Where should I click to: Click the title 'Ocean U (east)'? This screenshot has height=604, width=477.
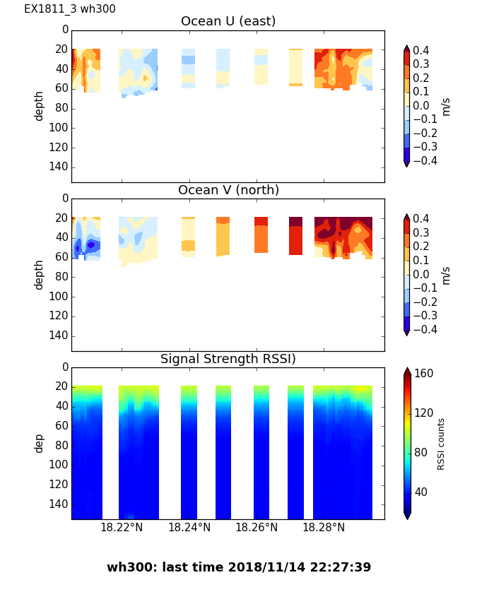coord(228,21)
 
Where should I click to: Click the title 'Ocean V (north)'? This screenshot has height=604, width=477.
coord(228,190)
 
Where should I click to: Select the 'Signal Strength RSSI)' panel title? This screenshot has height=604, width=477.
coord(228,359)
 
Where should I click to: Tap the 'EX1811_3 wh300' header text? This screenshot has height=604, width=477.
coord(70,9)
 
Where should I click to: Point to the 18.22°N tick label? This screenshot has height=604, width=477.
coord(122,527)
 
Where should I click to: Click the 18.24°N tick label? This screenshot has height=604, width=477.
coord(189,527)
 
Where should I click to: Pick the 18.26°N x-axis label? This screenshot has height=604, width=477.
coord(257,527)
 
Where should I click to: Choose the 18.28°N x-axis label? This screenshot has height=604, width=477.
coord(324,527)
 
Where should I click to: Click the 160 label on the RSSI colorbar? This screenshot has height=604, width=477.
coord(424,374)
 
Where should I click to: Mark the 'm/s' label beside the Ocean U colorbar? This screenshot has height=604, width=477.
coord(446,106)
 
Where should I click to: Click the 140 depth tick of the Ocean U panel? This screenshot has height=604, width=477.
coord(59,167)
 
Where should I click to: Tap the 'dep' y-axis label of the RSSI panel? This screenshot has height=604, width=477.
coord(40,443)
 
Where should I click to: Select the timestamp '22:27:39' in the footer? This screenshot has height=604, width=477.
coord(343,567)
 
